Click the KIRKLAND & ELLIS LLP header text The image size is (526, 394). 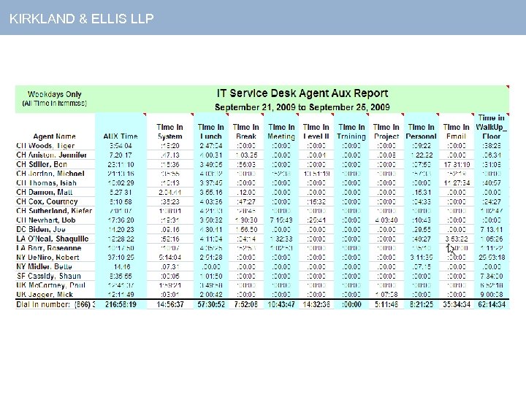click(x=82, y=18)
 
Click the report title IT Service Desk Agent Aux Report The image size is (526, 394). click(x=302, y=93)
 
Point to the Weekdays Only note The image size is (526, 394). click(x=55, y=94)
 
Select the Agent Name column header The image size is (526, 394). click(x=54, y=136)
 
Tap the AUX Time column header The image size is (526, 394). click(x=120, y=136)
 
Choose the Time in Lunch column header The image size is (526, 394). click(x=210, y=131)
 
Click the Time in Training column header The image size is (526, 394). click(x=351, y=131)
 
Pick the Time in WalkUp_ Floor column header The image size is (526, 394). click(x=491, y=127)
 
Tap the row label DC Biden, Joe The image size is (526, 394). click(x=45, y=229)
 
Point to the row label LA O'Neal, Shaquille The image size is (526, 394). click(x=53, y=239)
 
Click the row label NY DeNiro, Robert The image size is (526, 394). click(x=50, y=258)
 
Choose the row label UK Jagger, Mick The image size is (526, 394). click(x=46, y=294)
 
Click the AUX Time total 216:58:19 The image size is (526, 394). click(x=120, y=304)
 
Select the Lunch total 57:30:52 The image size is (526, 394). click(x=210, y=304)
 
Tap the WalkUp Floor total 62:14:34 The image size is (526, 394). click(x=491, y=304)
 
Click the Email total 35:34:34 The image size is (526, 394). click(x=457, y=304)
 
